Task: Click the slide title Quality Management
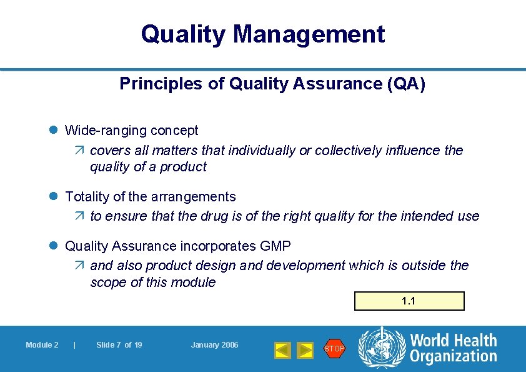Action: click(x=262, y=34)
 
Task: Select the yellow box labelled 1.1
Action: click(x=409, y=301)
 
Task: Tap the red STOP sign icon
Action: click(x=334, y=348)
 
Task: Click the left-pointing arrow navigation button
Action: click(x=283, y=350)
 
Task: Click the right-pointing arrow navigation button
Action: click(x=305, y=350)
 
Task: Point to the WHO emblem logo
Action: click(x=380, y=348)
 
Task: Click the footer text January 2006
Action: click(x=214, y=345)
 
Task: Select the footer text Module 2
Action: click(x=42, y=345)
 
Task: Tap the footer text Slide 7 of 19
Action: click(x=119, y=345)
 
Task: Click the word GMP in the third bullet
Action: click(x=275, y=246)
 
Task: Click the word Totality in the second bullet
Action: click(x=87, y=196)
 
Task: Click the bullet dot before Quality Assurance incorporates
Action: click(x=54, y=246)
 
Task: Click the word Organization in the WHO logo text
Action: click(x=454, y=356)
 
